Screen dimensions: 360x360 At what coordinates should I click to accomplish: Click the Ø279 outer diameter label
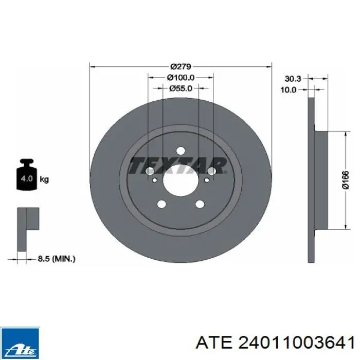coord(181,66)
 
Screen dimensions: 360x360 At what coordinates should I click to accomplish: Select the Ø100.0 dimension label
coord(181,78)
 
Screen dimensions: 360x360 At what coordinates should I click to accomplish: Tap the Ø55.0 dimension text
coord(181,88)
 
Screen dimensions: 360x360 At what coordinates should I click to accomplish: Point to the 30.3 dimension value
coord(293,79)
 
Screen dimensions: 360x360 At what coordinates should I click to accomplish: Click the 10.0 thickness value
coord(289,90)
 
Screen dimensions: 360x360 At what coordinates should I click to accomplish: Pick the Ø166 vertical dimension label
coord(345,180)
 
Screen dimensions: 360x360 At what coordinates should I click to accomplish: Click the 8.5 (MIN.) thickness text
coord(57,259)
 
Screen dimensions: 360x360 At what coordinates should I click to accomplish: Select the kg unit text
coord(44,179)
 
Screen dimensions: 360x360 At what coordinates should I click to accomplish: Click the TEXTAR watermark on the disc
coord(178,165)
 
